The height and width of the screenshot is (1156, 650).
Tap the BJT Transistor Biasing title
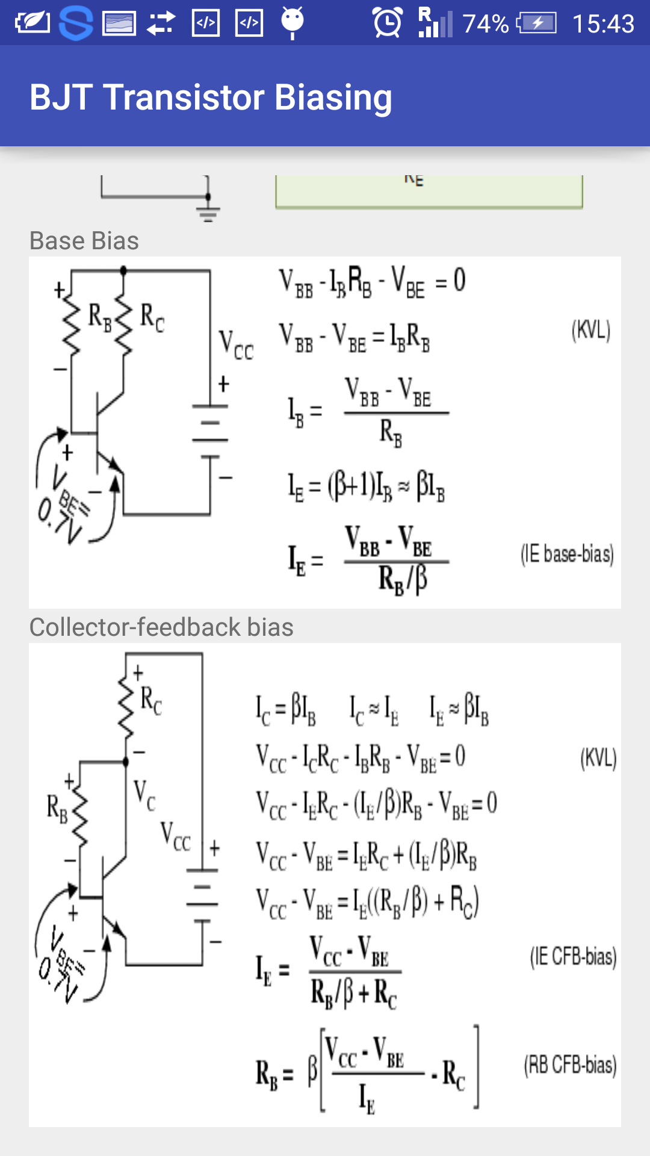(x=211, y=98)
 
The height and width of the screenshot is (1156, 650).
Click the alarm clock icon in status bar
(x=388, y=23)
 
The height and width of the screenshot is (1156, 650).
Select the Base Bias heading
(x=84, y=241)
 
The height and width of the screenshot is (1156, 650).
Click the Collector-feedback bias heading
(x=161, y=627)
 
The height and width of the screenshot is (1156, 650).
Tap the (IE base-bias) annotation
(x=567, y=554)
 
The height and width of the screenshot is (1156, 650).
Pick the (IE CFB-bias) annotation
(x=573, y=956)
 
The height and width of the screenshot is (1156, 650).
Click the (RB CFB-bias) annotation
(x=570, y=1065)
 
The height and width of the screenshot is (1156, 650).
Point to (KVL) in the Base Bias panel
(x=590, y=330)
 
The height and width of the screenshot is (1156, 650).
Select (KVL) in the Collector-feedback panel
(x=598, y=758)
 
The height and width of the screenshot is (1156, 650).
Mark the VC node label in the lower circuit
(x=144, y=794)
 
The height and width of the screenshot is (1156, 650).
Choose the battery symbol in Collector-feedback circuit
(x=202, y=895)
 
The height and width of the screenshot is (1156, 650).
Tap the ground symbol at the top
(x=208, y=211)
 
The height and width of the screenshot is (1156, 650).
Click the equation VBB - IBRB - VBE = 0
(x=372, y=282)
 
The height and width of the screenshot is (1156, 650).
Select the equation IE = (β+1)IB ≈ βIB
(x=366, y=486)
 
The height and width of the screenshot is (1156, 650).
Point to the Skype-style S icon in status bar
(x=76, y=23)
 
